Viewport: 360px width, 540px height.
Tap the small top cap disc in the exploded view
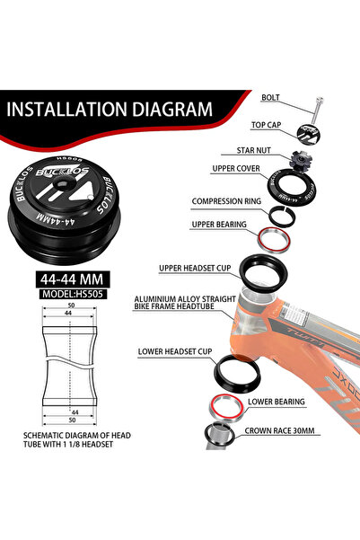(308, 135)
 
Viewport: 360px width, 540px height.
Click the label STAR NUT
(253, 150)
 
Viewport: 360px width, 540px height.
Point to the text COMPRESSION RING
(226, 200)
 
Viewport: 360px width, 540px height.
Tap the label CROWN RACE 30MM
(279, 430)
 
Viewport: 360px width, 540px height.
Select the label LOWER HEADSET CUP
(175, 351)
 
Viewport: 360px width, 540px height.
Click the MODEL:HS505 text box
(73, 294)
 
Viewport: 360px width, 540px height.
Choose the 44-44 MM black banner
(73, 279)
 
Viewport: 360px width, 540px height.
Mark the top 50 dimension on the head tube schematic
(71, 305)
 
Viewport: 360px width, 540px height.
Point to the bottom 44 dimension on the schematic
(75, 412)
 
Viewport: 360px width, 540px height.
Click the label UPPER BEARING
(219, 225)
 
